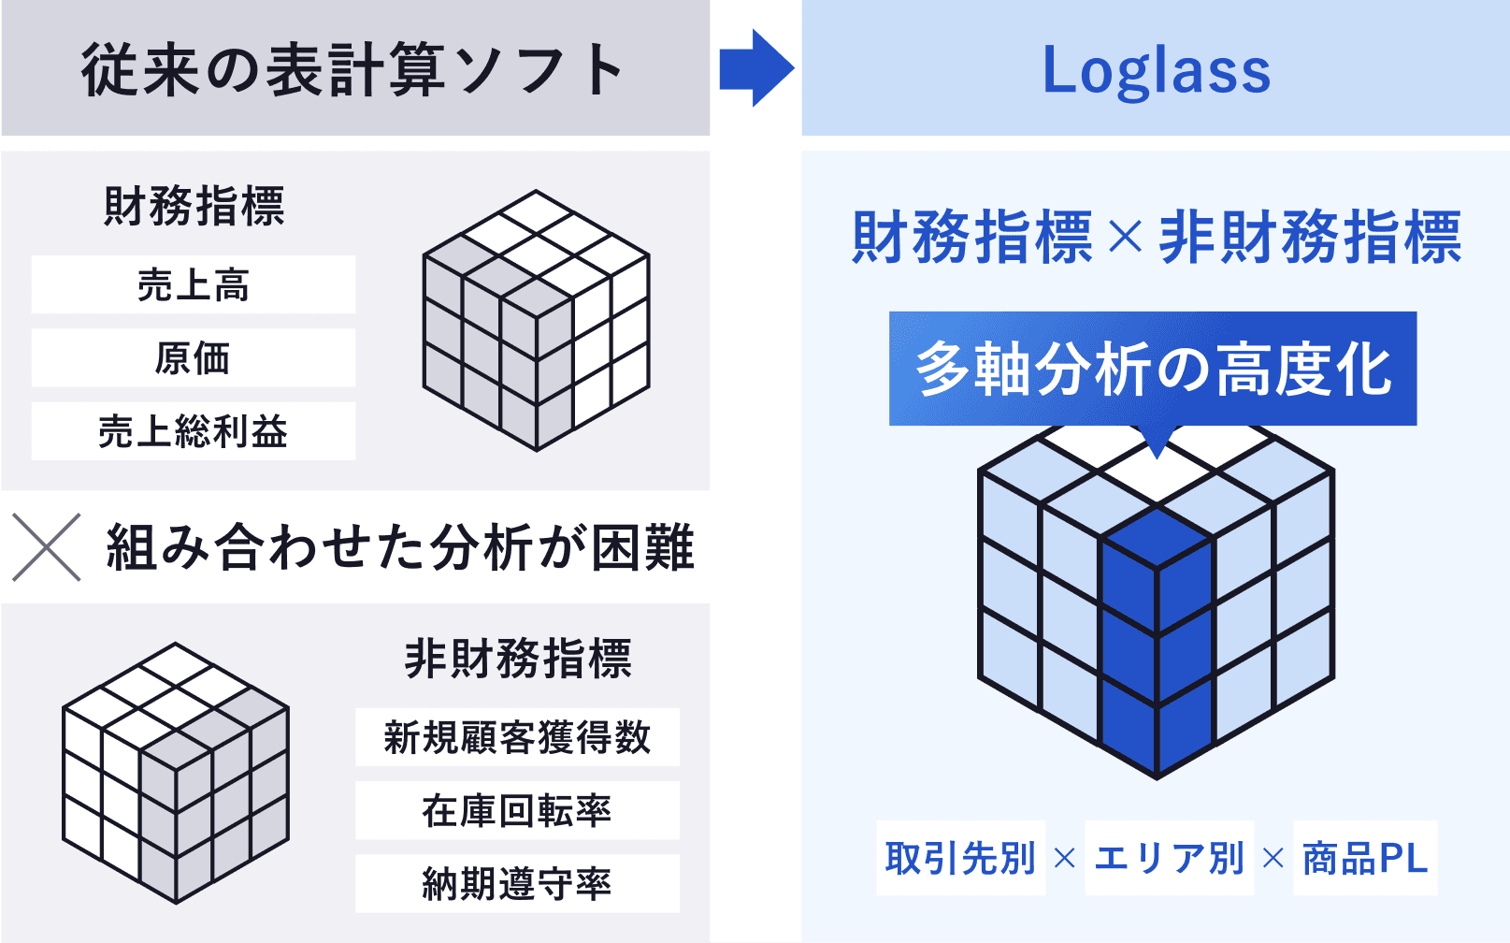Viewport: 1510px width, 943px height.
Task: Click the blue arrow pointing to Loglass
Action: [x=756, y=67]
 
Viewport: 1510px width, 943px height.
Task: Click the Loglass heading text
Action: [x=1156, y=72]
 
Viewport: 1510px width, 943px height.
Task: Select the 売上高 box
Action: [x=194, y=284]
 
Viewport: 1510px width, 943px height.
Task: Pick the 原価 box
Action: [x=194, y=357]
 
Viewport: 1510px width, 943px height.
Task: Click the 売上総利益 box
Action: [x=194, y=431]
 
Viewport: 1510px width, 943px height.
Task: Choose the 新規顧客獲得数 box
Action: [x=517, y=736]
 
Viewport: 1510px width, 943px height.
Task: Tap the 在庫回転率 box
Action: [x=517, y=810]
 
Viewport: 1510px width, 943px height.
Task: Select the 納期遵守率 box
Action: [x=517, y=884]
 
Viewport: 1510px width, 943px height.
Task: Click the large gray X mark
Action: [x=47, y=547]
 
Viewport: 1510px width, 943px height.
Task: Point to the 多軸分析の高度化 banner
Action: [x=1153, y=369]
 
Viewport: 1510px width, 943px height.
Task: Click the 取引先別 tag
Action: [x=960, y=858]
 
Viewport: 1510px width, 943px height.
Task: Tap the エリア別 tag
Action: [x=1170, y=858]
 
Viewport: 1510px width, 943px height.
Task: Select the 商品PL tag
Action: [x=1366, y=858]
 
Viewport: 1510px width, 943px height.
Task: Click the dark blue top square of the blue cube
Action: [x=1157, y=538]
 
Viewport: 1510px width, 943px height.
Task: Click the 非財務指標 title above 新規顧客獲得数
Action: [x=518, y=659]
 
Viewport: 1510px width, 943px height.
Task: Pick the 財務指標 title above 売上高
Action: [x=194, y=206]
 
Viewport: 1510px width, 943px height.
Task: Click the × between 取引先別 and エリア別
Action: [x=1065, y=859]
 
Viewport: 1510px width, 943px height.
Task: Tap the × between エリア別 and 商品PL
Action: [x=1273, y=859]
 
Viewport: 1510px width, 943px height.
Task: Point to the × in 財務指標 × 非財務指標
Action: [x=1126, y=238]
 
